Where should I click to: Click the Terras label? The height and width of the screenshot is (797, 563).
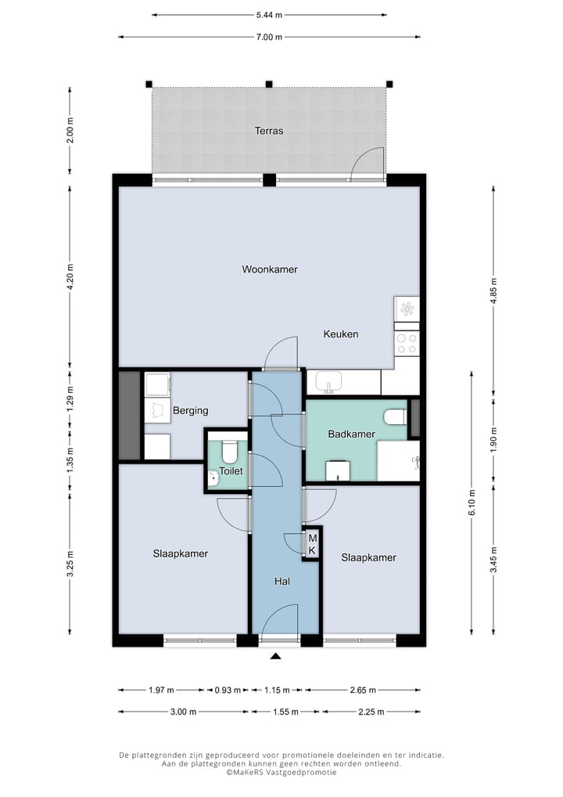pyautogui.click(x=269, y=131)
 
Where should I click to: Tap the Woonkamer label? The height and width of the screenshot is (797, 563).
pyautogui.click(x=269, y=269)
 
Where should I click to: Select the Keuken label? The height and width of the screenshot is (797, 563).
pyautogui.click(x=341, y=334)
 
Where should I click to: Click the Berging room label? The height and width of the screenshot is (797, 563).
pyautogui.click(x=190, y=410)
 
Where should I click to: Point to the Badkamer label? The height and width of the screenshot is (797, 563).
pyautogui.click(x=351, y=434)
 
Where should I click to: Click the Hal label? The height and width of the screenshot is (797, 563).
pyautogui.click(x=282, y=582)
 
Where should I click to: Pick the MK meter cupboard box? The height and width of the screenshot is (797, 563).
pyautogui.click(x=312, y=544)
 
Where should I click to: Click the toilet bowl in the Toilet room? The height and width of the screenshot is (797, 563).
pyautogui.click(x=230, y=451)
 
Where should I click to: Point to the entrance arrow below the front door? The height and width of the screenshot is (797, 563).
pyautogui.click(x=274, y=658)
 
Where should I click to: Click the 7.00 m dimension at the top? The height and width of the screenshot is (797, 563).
pyautogui.click(x=269, y=37)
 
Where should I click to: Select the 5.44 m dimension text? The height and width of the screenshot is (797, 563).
pyautogui.click(x=269, y=15)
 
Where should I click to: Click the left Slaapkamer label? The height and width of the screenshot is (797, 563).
pyautogui.click(x=180, y=554)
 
